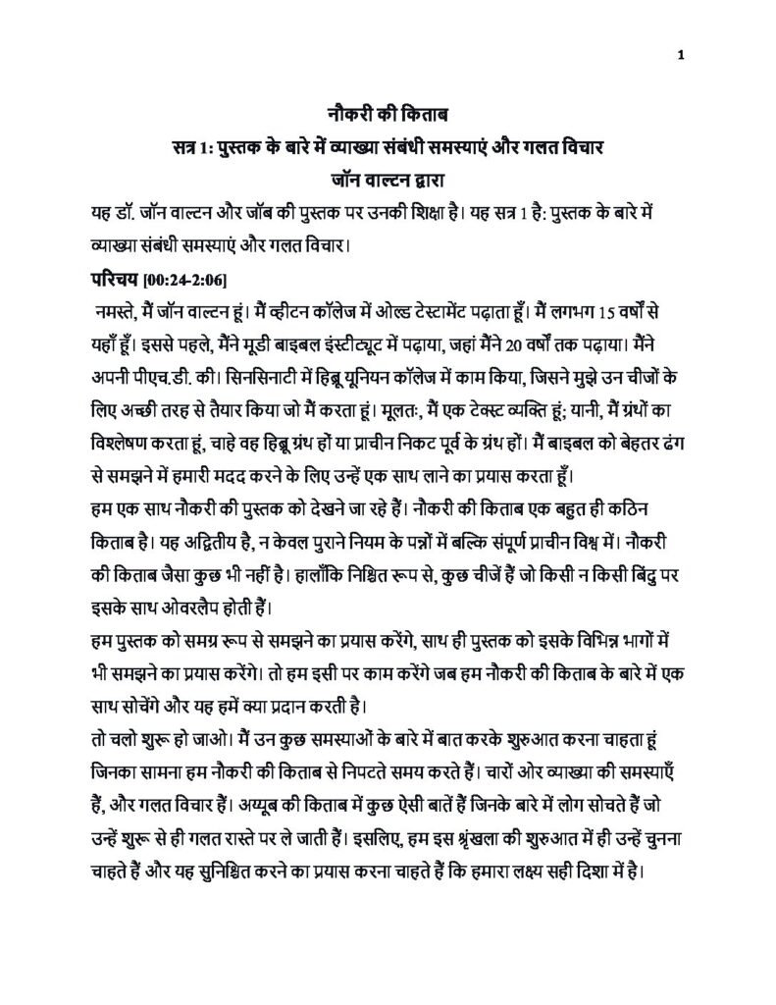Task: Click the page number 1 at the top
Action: click(x=680, y=56)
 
